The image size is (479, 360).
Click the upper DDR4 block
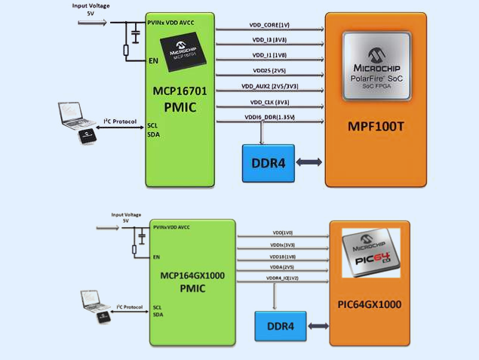click(x=268, y=162)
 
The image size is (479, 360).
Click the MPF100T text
click(x=375, y=126)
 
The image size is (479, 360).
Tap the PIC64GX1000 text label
click(x=370, y=306)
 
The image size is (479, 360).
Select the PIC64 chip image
click(x=370, y=256)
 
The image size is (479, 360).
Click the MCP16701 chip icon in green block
click(x=179, y=52)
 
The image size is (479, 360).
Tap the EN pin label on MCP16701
click(x=155, y=61)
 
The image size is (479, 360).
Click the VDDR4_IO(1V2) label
click(x=284, y=278)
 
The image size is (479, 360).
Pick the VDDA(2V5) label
click(x=282, y=266)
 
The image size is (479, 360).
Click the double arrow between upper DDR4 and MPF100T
click(x=310, y=162)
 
